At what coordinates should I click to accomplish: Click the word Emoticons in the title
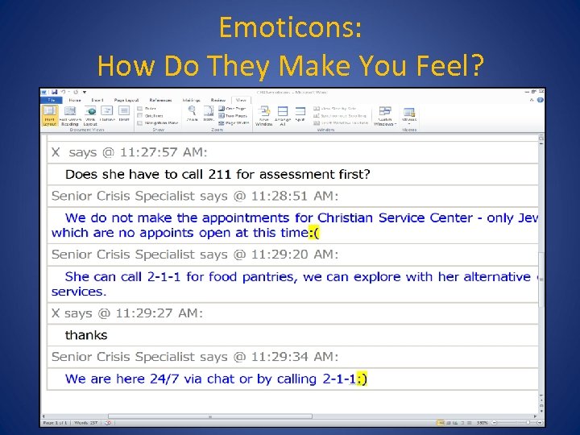pyautogui.click(x=289, y=28)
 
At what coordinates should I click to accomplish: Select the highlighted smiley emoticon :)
pyautogui.click(x=360, y=379)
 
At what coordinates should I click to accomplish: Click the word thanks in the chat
pyautogui.click(x=86, y=335)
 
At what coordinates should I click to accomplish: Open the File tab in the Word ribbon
pyautogui.click(x=49, y=100)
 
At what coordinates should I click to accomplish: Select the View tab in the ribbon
pyautogui.click(x=241, y=100)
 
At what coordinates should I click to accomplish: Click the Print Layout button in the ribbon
pyautogui.click(x=49, y=114)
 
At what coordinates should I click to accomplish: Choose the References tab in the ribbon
pyautogui.click(x=160, y=100)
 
